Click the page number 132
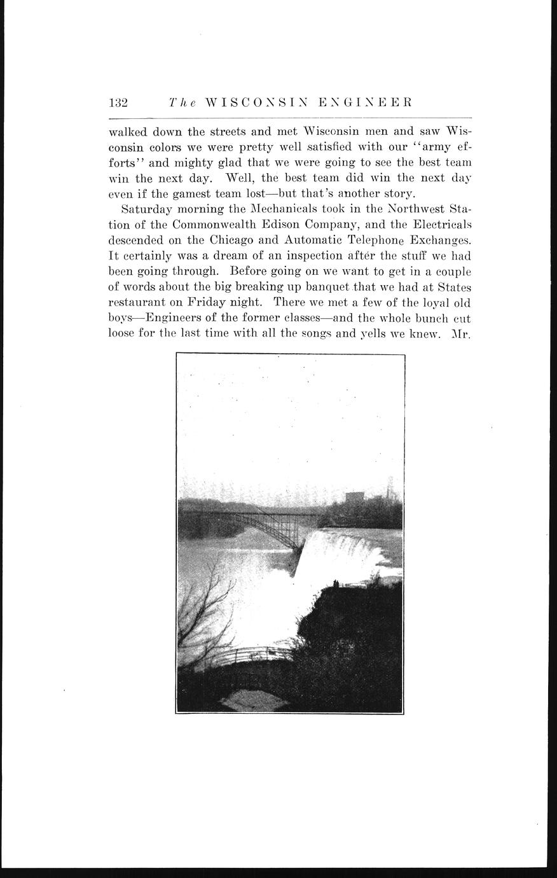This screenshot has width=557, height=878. (119, 102)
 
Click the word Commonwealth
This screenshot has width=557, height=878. (221, 225)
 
